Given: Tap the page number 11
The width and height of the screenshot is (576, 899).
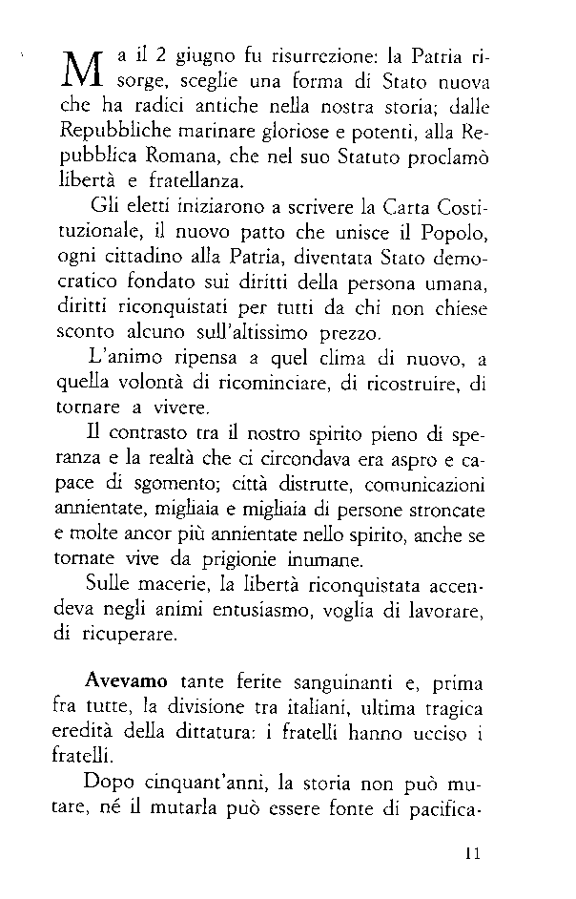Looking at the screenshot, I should click(x=473, y=854).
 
